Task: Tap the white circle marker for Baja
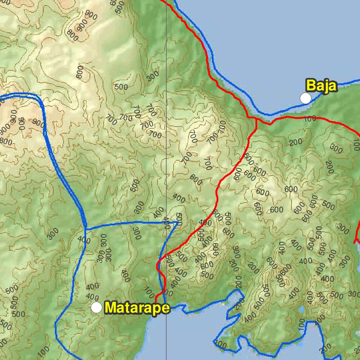(x=306, y=98)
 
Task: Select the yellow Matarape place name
(x=137, y=308)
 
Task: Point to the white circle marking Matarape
(x=96, y=307)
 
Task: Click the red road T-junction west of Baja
(x=257, y=120)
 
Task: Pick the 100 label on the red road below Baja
(x=310, y=119)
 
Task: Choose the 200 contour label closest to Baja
(x=296, y=142)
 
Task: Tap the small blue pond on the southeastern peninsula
(x=301, y=310)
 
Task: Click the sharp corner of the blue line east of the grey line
(x=177, y=223)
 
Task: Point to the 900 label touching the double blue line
(x=38, y=122)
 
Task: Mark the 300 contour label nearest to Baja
(x=336, y=149)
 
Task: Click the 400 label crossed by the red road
(x=203, y=222)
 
